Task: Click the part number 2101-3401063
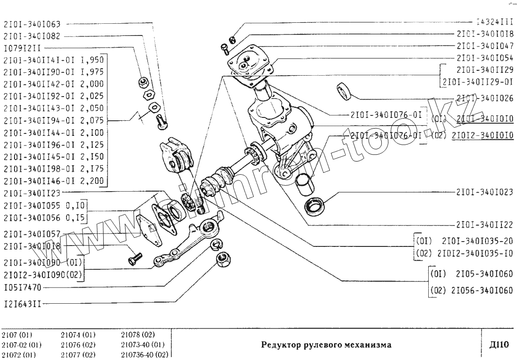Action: [x=32, y=23]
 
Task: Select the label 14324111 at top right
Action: [x=494, y=22]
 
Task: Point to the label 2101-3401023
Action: [x=485, y=191]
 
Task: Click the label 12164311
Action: [x=22, y=304]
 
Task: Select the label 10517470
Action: [x=22, y=287]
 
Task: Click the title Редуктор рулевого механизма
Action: [x=325, y=345]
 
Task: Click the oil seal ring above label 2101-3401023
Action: [x=314, y=206]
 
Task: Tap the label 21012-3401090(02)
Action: [x=43, y=275]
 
